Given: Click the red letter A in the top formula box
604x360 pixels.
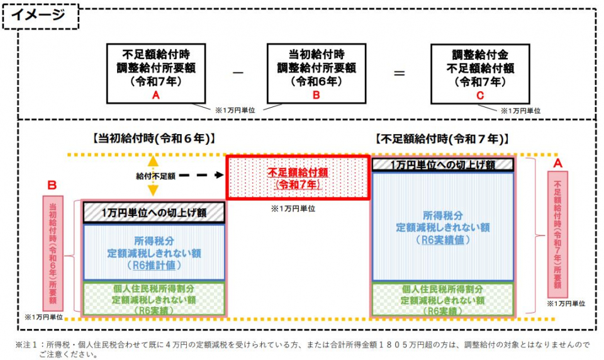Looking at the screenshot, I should tap(155, 94).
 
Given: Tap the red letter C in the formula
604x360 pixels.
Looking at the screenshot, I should tap(479, 95).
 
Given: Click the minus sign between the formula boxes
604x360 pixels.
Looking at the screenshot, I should tap(237, 73).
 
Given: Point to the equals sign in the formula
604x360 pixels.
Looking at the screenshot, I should tap(399, 73).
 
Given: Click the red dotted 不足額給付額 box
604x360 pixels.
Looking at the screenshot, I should tap(298, 177).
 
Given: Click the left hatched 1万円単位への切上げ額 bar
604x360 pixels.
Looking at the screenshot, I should tap(154, 212).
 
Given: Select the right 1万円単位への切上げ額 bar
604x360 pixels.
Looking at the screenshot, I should tap(443, 164).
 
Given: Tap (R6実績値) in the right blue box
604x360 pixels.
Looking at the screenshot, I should tap(443, 240).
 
